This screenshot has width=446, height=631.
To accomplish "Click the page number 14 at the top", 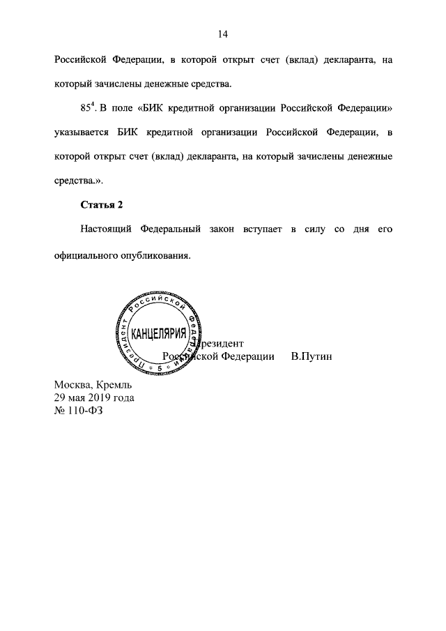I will point(223,34).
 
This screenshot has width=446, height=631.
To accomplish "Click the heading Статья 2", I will point(102,204).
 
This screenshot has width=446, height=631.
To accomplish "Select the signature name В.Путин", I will point(312,356).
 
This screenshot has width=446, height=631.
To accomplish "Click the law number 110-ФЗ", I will point(88,410).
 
